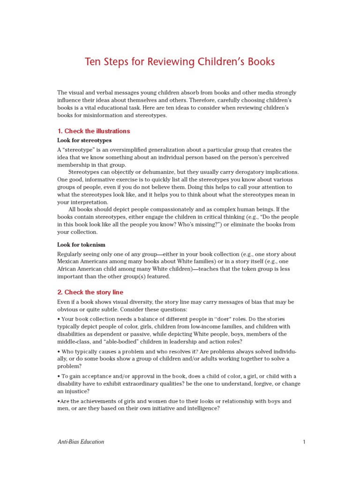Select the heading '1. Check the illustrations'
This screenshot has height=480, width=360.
(x=93, y=131)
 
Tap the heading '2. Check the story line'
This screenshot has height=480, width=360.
(x=90, y=292)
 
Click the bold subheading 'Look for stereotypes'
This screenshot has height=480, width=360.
(x=84, y=140)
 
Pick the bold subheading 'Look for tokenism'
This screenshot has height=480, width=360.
(x=81, y=245)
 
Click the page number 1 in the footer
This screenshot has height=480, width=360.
(x=304, y=442)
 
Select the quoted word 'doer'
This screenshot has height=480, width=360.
(x=223, y=319)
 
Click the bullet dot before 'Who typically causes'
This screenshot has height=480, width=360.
(x=59, y=351)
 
